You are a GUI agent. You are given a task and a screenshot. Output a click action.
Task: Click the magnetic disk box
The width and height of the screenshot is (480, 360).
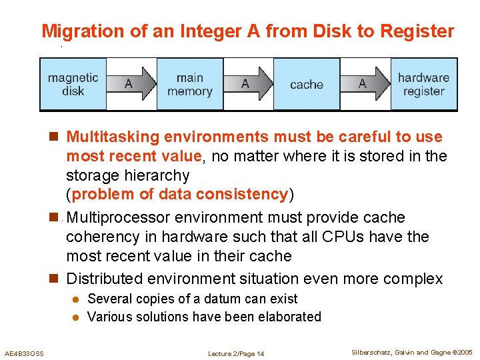73,84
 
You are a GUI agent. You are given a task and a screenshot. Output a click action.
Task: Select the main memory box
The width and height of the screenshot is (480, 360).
189,84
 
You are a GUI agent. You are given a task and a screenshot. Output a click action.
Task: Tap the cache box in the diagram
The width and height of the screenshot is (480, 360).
306,85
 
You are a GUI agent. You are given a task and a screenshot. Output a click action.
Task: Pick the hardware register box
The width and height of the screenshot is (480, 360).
423,84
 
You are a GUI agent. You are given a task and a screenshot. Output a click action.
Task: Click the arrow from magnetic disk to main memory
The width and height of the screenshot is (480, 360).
131,84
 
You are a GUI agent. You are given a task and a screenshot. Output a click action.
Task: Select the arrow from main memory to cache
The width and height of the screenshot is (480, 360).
248,84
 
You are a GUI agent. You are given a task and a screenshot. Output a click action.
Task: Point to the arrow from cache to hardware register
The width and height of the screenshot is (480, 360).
365,84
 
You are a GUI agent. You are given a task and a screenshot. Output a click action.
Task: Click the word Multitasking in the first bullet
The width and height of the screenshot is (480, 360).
113,137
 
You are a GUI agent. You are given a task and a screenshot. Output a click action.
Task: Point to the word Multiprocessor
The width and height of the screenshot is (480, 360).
117,218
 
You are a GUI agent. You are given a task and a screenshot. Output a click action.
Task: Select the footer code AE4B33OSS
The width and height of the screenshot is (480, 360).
24,353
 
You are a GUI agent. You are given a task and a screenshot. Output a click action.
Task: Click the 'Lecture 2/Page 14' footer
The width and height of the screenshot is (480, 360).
236,353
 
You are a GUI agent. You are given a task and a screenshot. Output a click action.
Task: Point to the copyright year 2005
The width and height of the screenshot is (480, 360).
463,353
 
